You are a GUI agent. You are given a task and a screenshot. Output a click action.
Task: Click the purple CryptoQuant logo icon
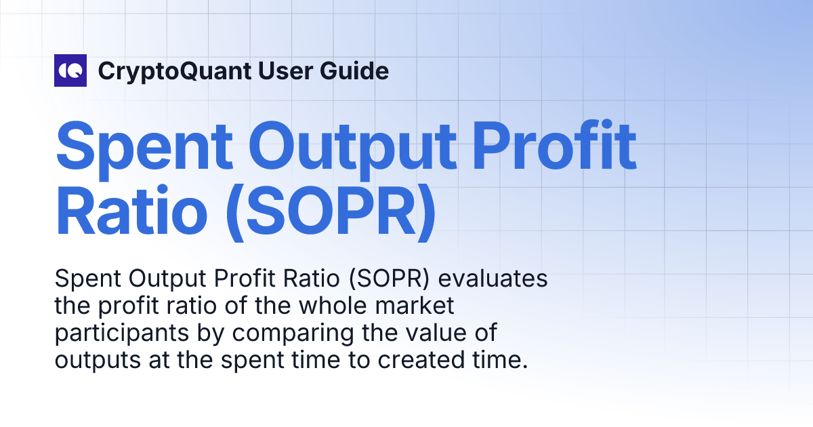coord(70,70)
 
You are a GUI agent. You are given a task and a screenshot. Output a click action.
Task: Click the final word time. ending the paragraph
coord(500,361)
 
